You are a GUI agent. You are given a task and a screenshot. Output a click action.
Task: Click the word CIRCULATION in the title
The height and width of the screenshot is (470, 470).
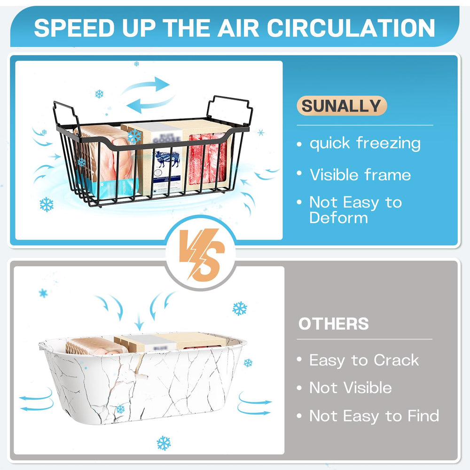tap(351, 28)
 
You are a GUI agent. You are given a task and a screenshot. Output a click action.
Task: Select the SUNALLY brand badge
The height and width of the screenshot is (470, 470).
tap(341, 106)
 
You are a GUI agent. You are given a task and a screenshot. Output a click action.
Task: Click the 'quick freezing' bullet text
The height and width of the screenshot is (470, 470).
tap(365, 143)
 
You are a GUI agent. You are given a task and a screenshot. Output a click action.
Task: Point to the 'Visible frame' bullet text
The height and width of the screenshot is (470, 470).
tap(360, 174)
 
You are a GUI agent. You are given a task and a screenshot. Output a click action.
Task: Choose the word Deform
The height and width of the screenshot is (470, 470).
tap(338, 217)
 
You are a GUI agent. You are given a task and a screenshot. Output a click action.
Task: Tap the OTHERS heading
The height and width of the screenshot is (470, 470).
tap(333, 324)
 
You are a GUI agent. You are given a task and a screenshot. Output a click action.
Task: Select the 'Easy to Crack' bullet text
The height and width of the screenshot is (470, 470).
tap(364, 360)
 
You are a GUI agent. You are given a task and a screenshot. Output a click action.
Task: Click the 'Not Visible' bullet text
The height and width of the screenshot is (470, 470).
tap(351, 388)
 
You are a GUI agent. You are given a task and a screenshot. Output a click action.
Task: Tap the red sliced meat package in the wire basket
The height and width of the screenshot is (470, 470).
tap(208, 162)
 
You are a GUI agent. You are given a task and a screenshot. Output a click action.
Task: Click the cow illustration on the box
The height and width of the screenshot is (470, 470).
tap(167, 159)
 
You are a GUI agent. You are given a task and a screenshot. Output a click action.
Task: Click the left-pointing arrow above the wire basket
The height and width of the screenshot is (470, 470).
tap(149, 105)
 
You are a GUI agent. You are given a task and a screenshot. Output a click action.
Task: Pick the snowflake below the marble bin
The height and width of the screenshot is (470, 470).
tap(164, 443)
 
